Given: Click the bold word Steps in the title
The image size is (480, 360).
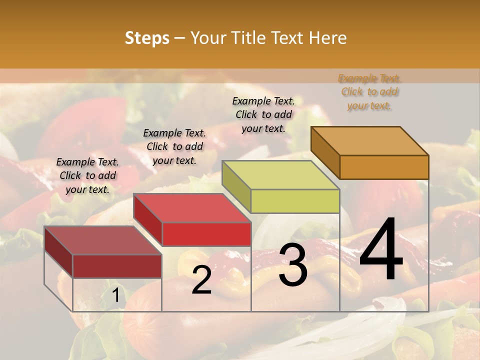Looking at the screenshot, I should click(x=147, y=38).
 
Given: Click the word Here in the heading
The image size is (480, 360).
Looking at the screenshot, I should click(x=328, y=38).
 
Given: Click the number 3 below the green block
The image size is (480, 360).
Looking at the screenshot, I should click(x=293, y=265).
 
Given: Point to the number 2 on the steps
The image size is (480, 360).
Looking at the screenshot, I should click(x=201, y=280).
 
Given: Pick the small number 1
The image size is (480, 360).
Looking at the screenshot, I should click(x=115, y=296).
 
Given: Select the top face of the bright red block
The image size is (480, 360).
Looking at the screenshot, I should click(x=192, y=207).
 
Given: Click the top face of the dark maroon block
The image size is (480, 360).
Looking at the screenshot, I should click(x=103, y=240).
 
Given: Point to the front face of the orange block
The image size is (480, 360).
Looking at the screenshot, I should click(x=384, y=167).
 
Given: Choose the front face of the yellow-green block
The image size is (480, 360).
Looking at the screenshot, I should click(x=295, y=201).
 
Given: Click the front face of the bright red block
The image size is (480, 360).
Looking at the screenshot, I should click(x=206, y=234).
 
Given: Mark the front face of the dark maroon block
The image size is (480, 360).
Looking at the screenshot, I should click(x=117, y=266).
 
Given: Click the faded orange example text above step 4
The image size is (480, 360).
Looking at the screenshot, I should click(x=369, y=92).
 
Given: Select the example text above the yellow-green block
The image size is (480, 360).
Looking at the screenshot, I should click(x=263, y=114).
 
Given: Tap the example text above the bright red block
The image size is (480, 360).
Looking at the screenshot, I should click(x=174, y=146).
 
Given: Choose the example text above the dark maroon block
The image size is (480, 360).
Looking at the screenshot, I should click(x=87, y=175).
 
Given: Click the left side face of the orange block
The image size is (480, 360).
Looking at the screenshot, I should click(x=325, y=152).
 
